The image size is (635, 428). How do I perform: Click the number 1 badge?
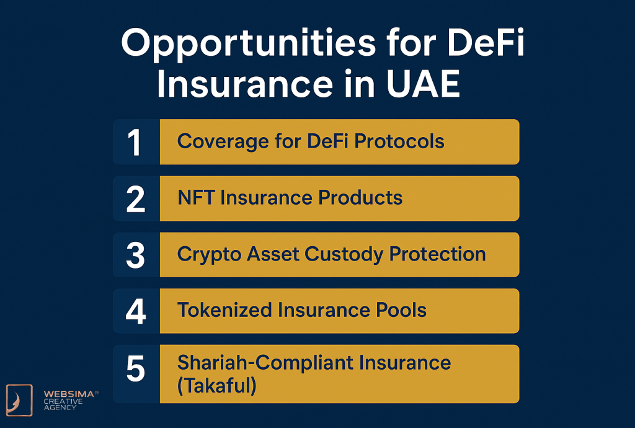point(135,142)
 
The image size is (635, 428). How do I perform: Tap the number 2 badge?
point(135,198)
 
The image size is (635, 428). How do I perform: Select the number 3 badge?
point(135,255)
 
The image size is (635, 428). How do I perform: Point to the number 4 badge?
point(135,311)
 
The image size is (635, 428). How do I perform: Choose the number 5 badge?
point(135,370)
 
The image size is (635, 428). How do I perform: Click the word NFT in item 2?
point(195,198)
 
